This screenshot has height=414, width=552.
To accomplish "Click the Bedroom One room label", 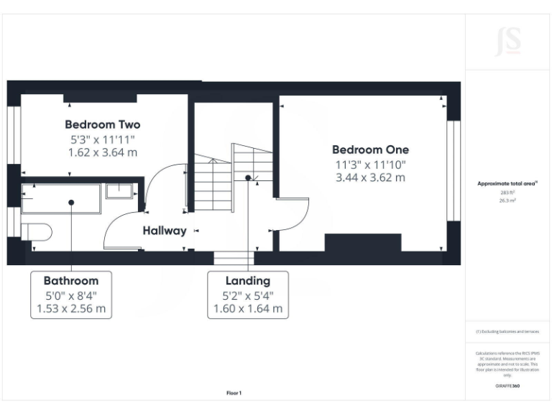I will (x=370, y=149).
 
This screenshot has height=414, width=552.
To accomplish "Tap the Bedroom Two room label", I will (x=102, y=124).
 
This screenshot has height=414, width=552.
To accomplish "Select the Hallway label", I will (x=164, y=231).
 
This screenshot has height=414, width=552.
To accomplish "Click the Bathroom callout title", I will (x=71, y=280).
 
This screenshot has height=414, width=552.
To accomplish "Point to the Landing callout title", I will (x=248, y=280).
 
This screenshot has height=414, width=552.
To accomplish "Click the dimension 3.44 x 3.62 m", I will (x=370, y=178).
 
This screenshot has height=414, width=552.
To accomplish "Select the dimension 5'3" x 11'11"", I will (x=102, y=139).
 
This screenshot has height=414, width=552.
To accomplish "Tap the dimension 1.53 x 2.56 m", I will (x=71, y=309).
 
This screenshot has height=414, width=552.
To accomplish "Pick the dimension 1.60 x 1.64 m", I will (x=248, y=309).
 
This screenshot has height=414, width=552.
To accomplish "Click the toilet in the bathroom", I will (x=36, y=231).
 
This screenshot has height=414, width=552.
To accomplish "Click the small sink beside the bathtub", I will (x=121, y=190).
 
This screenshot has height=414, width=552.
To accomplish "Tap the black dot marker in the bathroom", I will (x=71, y=203).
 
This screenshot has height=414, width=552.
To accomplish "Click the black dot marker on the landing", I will (x=248, y=178).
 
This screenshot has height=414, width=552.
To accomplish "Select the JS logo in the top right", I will (x=508, y=41).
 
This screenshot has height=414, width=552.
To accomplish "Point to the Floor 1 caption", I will (x=234, y=393).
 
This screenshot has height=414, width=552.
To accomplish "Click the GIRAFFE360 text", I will (x=508, y=387).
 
